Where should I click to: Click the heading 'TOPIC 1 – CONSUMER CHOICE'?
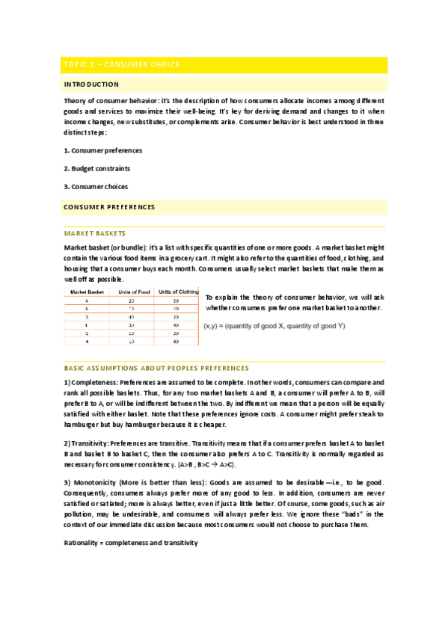point(122,64)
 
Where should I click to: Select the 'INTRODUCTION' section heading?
point(91,84)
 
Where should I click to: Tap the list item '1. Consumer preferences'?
point(102,150)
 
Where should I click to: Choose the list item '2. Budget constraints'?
point(99,168)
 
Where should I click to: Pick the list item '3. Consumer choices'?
point(96,186)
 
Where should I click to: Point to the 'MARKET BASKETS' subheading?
point(95,233)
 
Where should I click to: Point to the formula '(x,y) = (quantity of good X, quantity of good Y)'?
point(274,326)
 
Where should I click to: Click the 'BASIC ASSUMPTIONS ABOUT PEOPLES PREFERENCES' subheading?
point(156,368)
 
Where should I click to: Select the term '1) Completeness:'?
point(90,381)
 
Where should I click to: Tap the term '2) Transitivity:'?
point(88,443)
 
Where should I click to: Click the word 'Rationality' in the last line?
point(81,542)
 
